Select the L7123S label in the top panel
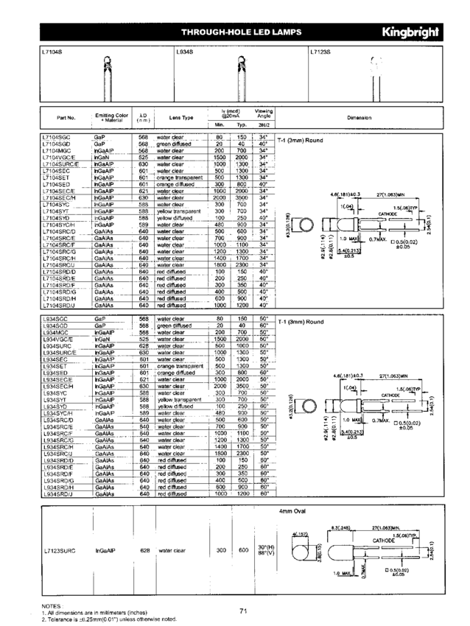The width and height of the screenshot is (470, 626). [321, 52]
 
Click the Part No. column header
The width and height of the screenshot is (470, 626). [65, 117]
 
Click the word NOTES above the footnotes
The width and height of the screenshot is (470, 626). [52, 605]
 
